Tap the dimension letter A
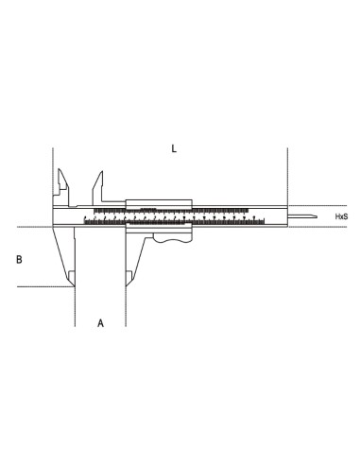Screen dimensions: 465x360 tap(101, 323)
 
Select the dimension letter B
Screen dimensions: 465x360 tap(20, 257)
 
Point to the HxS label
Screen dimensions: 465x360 tap(342, 216)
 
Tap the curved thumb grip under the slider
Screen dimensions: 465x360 tap(171, 243)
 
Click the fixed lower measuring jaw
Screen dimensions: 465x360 tap(66, 255)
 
